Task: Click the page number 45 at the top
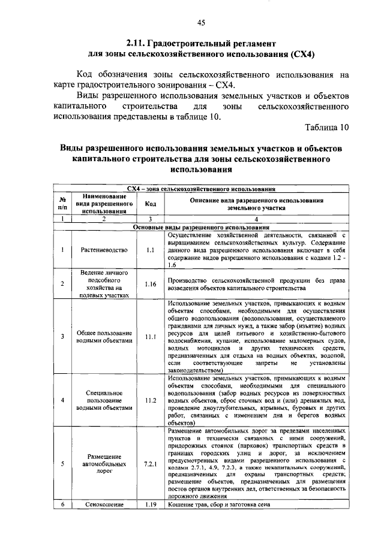click(200, 23)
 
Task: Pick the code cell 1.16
click(150, 283)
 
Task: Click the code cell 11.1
click(150, 337)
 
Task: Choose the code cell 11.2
click(150, 400)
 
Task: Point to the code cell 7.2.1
click(150, 463)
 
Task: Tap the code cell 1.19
click(150, 505)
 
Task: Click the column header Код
click(150, 203)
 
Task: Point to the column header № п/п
click(62, 203)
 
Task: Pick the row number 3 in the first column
click(62, 337)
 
